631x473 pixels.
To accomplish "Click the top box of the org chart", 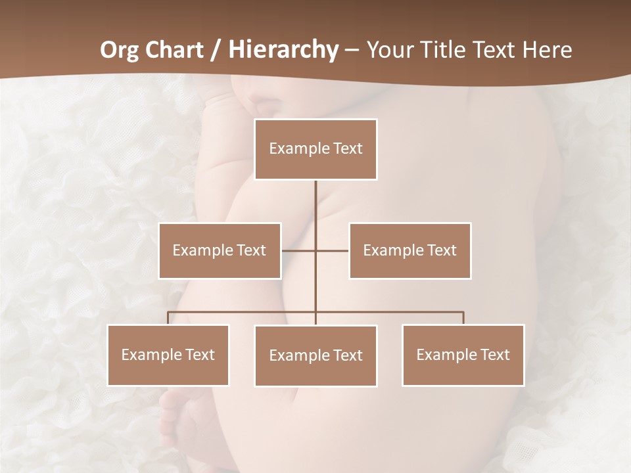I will point(315,149).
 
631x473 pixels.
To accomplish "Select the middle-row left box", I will point(220,250).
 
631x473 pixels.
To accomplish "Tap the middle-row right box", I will point(410,250).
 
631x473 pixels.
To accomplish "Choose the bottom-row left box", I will point(168,355).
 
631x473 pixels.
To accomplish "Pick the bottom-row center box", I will point(315,355).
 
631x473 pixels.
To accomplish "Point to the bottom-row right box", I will point(463,355).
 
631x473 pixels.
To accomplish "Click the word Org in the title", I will point(118,50).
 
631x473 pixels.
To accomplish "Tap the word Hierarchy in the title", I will point(283,50).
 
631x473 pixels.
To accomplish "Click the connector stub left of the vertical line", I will point(298,250).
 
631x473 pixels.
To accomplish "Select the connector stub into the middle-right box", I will point(333,250).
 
